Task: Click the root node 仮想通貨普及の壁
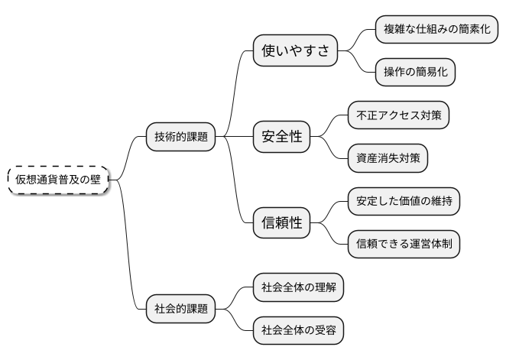57,180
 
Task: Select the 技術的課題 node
180,137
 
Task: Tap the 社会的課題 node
180,310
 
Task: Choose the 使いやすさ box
295,51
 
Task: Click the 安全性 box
282,137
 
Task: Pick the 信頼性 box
282,223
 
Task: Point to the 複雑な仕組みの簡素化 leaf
437,30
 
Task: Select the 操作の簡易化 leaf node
415,73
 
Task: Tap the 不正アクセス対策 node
397,115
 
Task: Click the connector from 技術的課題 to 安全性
234,137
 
